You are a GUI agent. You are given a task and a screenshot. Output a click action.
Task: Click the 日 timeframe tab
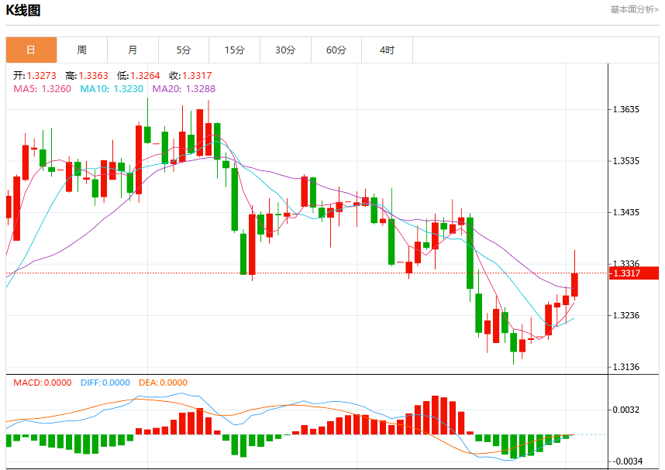coord(31,50)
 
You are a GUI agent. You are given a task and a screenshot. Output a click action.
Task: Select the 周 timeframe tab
coord(82,50)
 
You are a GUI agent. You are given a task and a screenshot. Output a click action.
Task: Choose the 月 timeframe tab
coord(133,50)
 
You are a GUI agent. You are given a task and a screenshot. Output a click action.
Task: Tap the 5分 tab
coord(184,50)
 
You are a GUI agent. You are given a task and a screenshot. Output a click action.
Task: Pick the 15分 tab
coord(235,50)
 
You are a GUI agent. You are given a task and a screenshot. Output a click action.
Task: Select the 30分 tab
coord(285,50)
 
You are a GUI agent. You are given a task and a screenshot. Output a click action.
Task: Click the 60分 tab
coord(336,50)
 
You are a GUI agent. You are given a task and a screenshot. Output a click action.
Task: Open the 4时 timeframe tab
coord(387,50)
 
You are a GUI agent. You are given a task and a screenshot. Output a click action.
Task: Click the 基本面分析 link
coord(635,9)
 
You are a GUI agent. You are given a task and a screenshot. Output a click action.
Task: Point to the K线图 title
coord(23,10)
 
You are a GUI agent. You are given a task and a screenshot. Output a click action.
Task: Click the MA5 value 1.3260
coord(57,89)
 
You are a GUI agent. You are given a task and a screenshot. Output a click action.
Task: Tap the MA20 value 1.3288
coord(201,89)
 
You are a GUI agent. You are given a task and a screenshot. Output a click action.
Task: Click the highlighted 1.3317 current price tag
coord(634,273)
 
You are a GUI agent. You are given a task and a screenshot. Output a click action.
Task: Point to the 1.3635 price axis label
coord(626,109)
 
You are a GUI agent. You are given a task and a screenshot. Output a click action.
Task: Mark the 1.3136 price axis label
coord(626,367)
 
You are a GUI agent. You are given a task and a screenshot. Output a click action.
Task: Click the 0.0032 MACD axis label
coord(626,410)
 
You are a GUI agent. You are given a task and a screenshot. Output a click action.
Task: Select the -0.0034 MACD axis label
coord(625,461)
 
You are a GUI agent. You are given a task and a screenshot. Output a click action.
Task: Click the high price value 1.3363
coord(93,76)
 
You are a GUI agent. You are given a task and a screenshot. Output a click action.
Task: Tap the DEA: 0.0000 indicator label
coord(164,383)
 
